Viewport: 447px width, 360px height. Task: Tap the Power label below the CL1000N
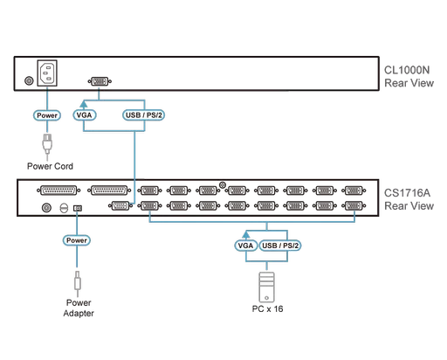point(45,114)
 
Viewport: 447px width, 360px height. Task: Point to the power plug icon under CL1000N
point(45,142)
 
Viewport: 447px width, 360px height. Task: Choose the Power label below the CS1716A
point(78,239)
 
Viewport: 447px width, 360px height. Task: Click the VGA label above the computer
point(245,246)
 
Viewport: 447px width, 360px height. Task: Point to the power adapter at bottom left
point(78,301)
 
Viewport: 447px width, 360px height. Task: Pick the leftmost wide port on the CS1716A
point(53,190)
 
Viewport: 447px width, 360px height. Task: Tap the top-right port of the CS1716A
point(353,190)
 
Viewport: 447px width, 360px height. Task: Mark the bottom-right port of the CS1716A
point(353,207)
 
